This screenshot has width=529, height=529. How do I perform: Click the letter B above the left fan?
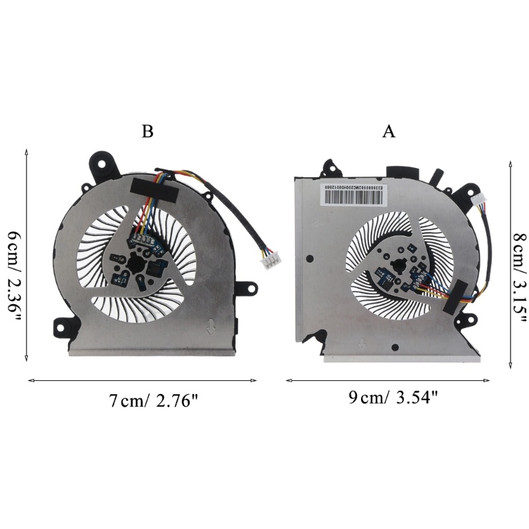click(147, 132)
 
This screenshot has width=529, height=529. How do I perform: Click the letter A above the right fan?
click(389, 132)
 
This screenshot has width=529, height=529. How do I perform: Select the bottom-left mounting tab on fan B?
click(60, 326)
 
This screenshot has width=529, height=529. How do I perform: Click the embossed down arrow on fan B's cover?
click(210, 327)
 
